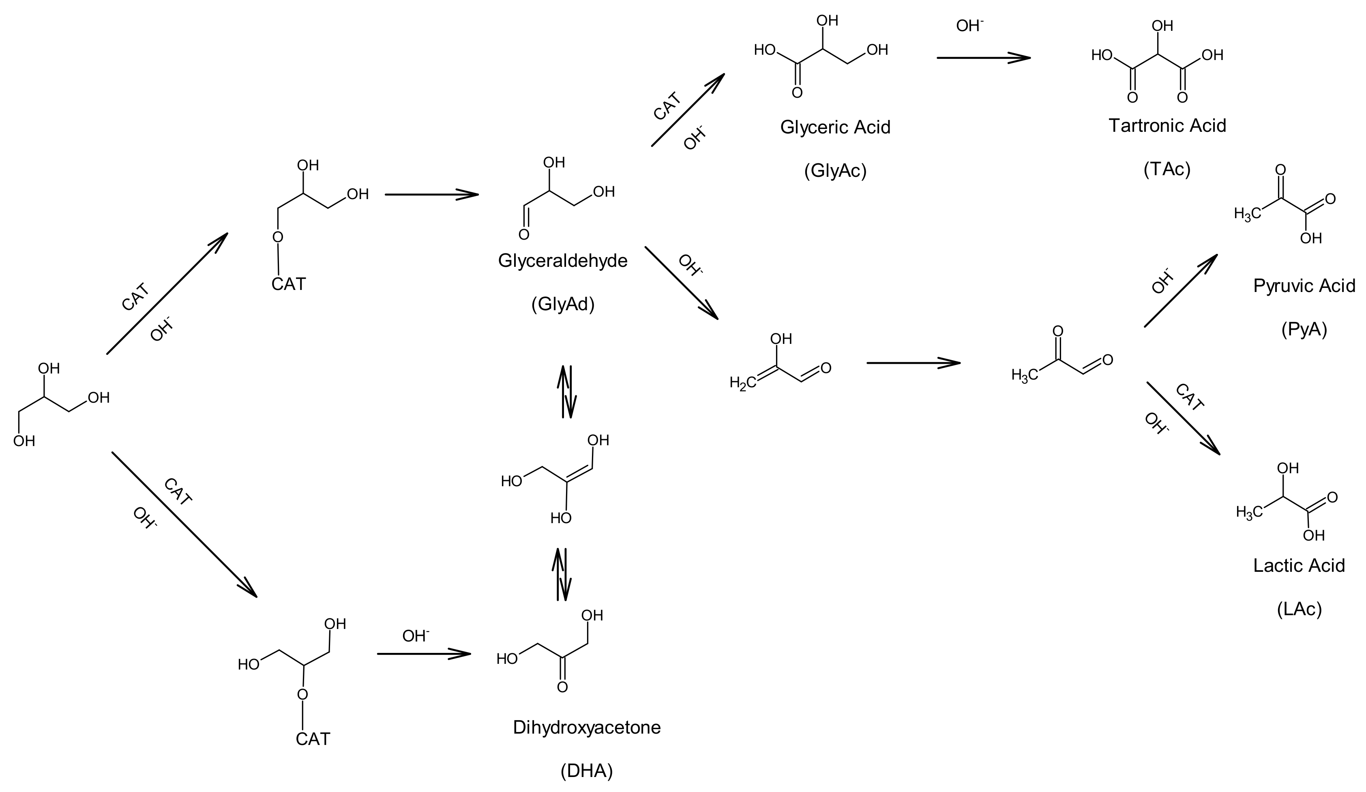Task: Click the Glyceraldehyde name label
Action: pos(563,261)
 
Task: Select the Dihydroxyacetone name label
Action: pos(587,728)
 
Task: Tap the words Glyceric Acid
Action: pos(835,127)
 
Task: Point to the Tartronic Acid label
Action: pos(1167,126)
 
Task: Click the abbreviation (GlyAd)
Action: pos(563,305)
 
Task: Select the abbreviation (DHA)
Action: pos(587,771)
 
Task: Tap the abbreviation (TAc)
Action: pos(1167,170)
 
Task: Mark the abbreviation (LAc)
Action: pos(1299,610)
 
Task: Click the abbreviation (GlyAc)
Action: pos(835,171)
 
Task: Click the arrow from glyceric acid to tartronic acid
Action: pos(983,58)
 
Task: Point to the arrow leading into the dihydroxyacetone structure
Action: pos(423,654)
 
